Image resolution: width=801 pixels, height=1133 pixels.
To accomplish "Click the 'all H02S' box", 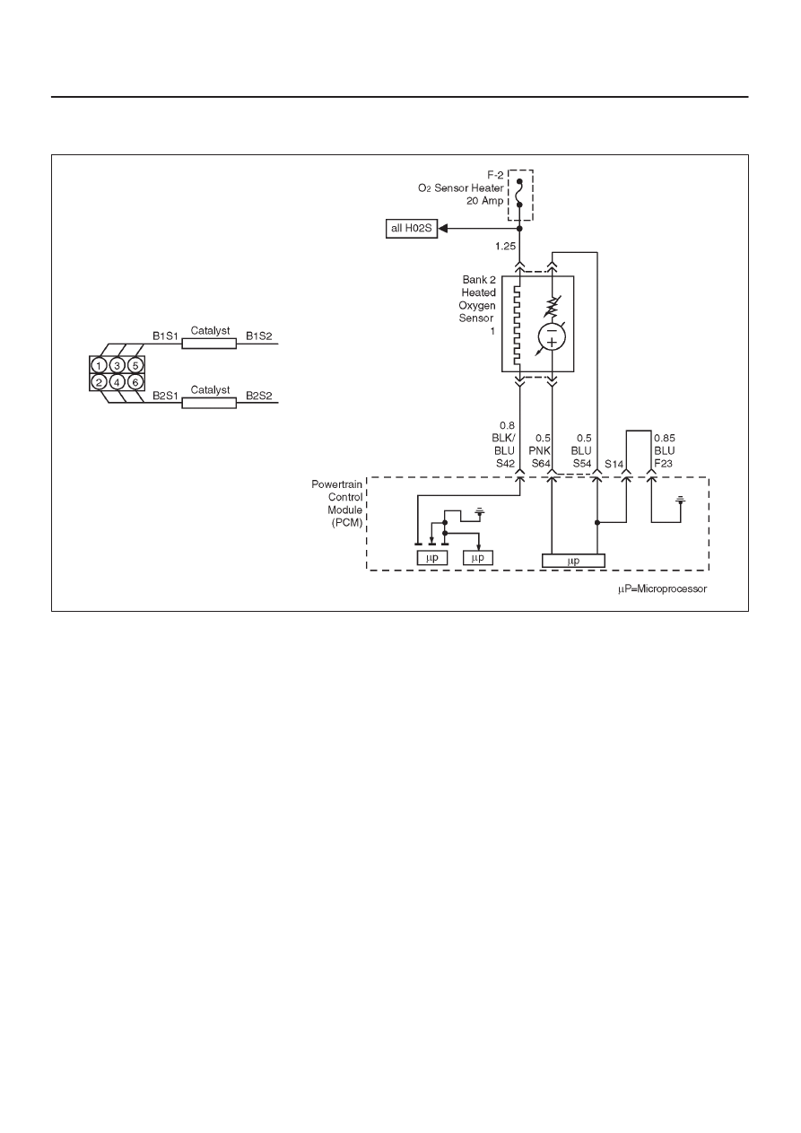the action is pos(411,229).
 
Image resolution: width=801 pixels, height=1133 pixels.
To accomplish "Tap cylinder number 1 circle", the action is pos(99,365).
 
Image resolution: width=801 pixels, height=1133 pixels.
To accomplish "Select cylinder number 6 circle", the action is pos(135,382).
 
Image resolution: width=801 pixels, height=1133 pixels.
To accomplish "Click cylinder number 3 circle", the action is pos(117,365).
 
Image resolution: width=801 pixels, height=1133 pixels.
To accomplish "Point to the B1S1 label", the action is pos(165,336).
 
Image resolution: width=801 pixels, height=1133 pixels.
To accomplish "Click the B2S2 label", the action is pos(259,396).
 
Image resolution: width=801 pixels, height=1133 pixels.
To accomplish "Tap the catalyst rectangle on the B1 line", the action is pos(209,344).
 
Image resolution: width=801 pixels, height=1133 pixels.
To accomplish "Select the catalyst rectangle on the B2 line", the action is pos(209,403).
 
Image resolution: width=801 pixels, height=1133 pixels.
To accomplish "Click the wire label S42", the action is pos(505,464).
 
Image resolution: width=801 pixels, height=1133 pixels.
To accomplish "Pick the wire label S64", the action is pos(541,464).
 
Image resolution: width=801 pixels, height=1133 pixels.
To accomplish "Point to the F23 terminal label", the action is pos(663,464).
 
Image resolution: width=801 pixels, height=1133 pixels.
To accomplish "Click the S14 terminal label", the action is pos(614,464).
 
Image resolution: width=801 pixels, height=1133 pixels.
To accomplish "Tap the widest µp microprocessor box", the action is pos(573,561).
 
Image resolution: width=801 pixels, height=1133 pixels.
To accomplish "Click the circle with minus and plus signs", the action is pos(552,337).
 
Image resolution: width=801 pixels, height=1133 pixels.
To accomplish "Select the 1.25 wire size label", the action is pos(505,247).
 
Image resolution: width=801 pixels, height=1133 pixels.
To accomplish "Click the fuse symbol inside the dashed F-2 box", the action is pos(519,193).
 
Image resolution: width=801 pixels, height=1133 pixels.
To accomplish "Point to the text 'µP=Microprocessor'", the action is pos(663,589).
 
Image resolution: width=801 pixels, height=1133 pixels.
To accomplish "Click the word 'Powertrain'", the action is pos(336,484).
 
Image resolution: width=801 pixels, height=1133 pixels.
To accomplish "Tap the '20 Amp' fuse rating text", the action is pos(485,201).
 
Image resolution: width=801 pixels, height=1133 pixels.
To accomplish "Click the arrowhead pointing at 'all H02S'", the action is pos(443,229).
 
